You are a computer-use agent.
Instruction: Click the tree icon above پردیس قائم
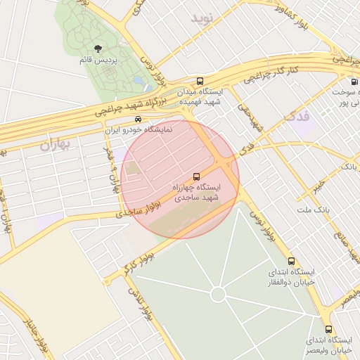point(98,48)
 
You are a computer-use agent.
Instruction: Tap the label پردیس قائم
point(98,60)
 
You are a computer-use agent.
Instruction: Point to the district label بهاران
point(56,146)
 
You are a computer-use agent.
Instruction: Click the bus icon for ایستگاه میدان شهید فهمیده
point(200,81)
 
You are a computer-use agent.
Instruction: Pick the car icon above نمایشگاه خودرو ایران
point(138,119)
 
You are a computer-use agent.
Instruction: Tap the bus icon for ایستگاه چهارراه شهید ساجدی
point(196,175)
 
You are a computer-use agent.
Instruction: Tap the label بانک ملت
point(313,210)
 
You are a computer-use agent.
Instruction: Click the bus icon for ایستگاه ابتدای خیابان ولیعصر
point(328,328)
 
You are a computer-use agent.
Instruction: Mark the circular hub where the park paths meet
point(219,293)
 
